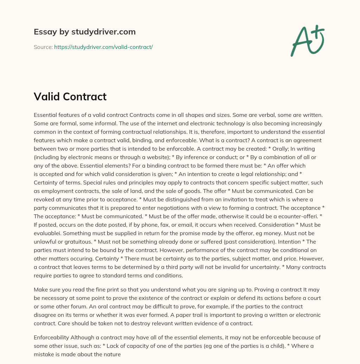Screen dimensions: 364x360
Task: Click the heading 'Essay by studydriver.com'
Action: pos(84,32)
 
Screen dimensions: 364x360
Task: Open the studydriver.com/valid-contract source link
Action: pos(103,47)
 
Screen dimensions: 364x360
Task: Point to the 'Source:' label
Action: pos(43,47)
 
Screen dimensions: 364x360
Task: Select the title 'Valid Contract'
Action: pos(70,96)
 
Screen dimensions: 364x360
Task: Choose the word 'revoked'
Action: pos(44,199)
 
